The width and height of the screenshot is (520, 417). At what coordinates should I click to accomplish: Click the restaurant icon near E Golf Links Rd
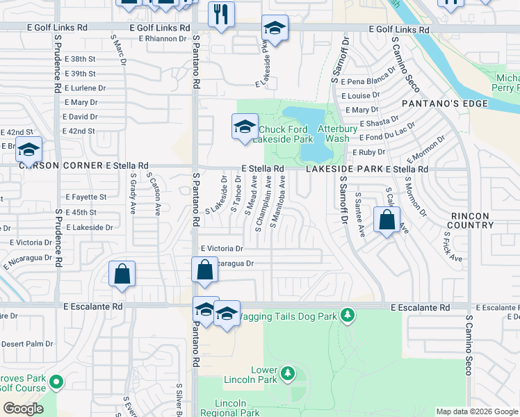[221, 15]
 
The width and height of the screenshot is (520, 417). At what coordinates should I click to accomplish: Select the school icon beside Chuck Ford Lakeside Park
[244, 128]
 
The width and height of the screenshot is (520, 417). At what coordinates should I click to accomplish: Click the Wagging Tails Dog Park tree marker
[348, 317]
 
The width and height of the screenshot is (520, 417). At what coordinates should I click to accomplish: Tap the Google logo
[23, 409]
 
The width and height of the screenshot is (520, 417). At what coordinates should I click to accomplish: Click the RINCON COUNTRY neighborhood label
[470, 220]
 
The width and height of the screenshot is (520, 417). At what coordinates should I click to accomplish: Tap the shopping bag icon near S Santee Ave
[386, 220]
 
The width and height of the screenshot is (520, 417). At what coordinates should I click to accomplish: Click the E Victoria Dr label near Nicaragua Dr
[222, 248]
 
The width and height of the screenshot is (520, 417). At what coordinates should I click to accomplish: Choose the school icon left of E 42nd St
[29, 150]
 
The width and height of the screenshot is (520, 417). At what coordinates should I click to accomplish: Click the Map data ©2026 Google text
[477, 411]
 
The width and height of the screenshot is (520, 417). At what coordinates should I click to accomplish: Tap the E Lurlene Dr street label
[86, 88]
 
